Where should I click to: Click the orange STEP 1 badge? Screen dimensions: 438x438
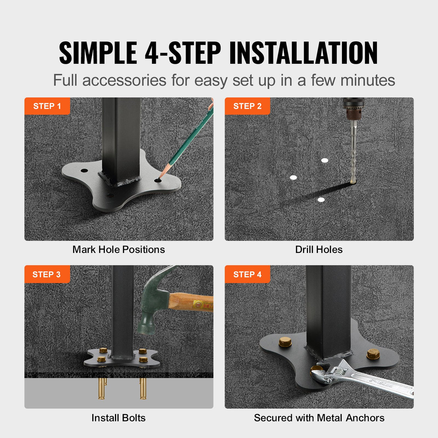(x=47, y=106)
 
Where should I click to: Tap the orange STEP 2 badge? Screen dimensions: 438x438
(x=247, y=106)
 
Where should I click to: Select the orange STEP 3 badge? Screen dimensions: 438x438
(x=47, y=274)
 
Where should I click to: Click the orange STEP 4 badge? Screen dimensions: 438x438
(x=247, y=274)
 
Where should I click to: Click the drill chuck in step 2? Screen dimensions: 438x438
(x=353, y=110)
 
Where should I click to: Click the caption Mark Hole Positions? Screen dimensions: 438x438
(x=119, y=250)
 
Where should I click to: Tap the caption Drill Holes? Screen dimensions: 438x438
(x=319, y=250)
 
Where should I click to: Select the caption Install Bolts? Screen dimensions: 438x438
(x=119, y=418)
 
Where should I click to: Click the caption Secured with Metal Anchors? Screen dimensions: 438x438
(x=319, y=418)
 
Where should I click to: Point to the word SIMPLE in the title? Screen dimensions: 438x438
(x=98, y=53)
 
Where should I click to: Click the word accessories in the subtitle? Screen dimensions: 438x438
(x=124, y=80)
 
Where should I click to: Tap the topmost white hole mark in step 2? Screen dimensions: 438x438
(x=324, y=160)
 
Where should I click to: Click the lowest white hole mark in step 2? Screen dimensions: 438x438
(x=321, y=200)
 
